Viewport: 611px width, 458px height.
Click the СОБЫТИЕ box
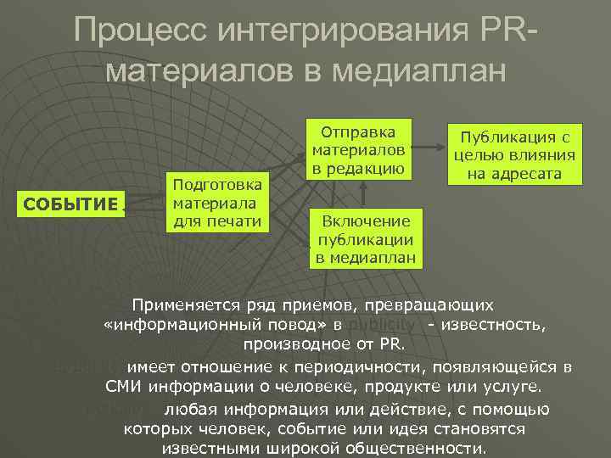(x=70, y=204)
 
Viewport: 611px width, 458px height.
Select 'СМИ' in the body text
(x=124, y=387)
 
